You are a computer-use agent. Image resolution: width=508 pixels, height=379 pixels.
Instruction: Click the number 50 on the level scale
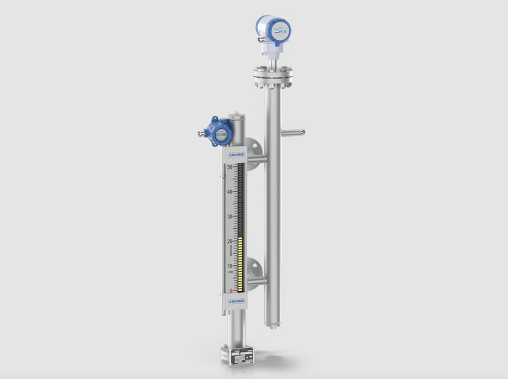tap(229, 167)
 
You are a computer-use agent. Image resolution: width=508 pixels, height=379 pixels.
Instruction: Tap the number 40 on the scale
tap(229, 192)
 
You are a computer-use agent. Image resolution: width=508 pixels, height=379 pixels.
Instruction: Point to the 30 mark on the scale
tap(229, 217)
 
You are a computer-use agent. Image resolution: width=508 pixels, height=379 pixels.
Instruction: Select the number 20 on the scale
tap(229, 241)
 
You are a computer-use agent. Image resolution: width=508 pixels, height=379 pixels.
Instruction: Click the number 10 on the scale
tap(229, 266)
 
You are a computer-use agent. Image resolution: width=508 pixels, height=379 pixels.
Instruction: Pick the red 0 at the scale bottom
tap(231, 290)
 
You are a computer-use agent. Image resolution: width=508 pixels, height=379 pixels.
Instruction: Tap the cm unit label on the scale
tap(229, 272)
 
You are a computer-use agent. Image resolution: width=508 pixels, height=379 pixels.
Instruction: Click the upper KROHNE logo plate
tap(236, 154)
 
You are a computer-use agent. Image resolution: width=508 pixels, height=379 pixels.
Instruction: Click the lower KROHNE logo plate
tap(236, 301)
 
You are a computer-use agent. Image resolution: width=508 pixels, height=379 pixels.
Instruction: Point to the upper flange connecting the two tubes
tap(254, 154)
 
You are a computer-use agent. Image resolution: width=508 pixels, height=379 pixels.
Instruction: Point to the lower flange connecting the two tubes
tap(254, 274)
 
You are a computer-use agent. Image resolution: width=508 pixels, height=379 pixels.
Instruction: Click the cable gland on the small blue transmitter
tap(203, 133)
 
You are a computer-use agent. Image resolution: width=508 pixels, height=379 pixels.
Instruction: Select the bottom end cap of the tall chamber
tap(272, 323)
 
